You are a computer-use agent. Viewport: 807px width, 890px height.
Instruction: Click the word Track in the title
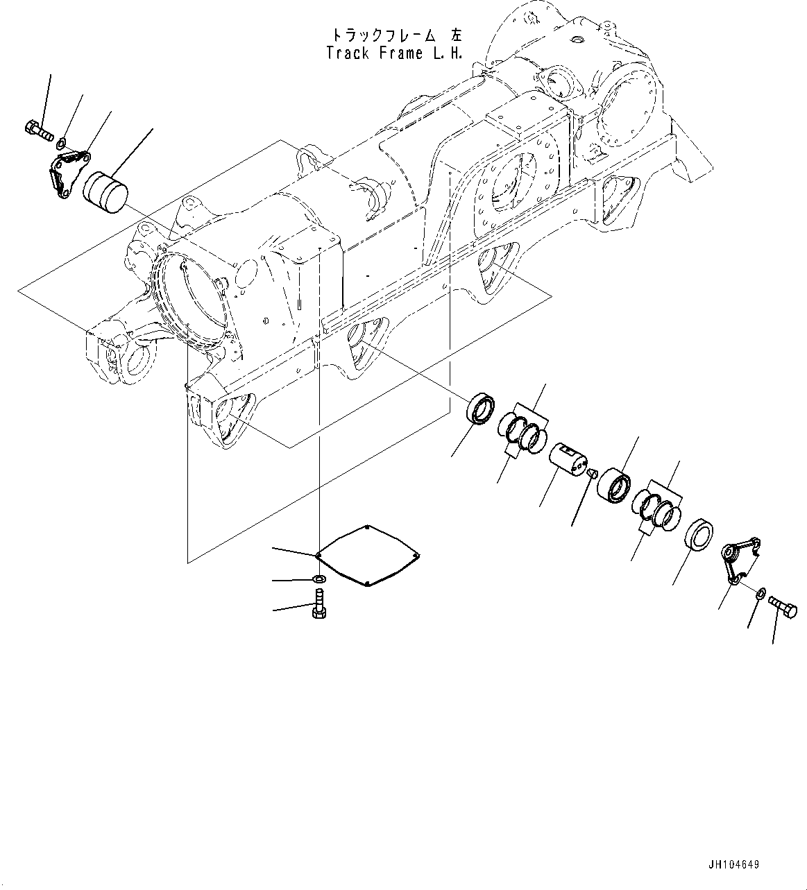349,53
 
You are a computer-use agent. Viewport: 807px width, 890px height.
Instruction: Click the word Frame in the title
400,53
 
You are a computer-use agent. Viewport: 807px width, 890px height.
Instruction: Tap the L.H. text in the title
448,53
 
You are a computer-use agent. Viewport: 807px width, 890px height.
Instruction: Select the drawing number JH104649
733,865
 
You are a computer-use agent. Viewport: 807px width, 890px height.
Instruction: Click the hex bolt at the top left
40,130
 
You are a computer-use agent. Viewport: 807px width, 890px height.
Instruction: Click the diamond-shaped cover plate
368,556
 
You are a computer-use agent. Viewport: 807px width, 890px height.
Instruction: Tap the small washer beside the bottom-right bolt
762,592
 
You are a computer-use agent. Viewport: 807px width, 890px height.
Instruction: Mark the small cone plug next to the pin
592,473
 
